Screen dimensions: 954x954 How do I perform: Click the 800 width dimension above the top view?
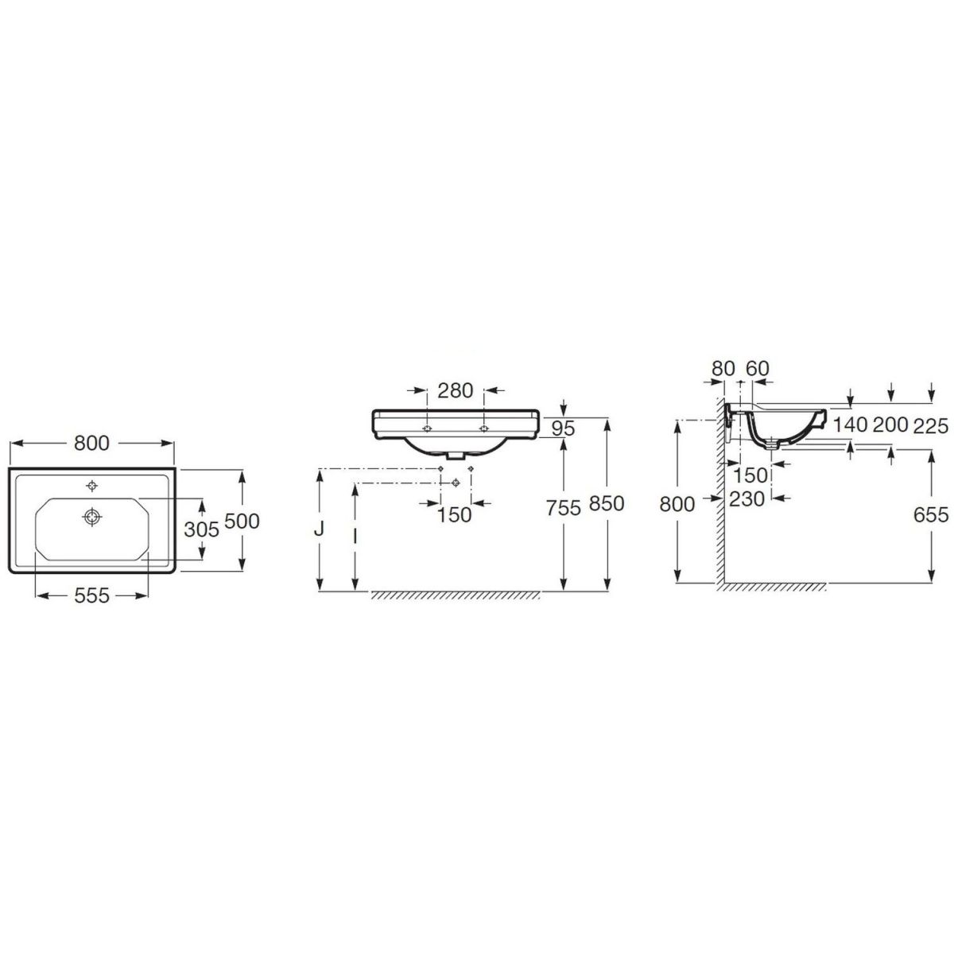[91, 443]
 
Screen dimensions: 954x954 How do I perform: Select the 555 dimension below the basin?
[91, 595]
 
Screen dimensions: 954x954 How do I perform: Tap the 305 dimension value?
[201, 529]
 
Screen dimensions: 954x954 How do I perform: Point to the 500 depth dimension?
[242, 521]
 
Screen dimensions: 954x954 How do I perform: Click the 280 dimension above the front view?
[456, 390]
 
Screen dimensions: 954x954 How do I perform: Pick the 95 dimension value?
[564, 429]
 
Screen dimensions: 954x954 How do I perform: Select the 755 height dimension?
[564, 507]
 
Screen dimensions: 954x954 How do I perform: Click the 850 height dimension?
[607, 503]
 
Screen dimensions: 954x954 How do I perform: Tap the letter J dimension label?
[320, 529]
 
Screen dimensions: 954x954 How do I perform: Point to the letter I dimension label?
[355, 535]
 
